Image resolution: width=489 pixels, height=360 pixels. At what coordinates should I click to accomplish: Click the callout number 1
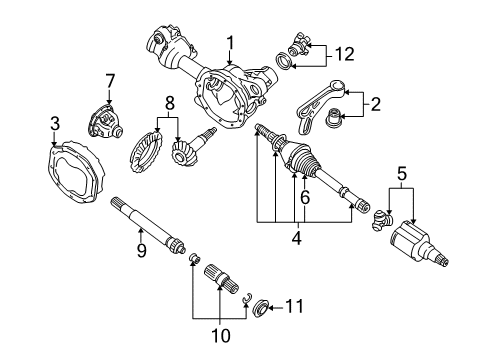(230, 43)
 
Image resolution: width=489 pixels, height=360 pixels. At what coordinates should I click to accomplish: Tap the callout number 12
(344, 54)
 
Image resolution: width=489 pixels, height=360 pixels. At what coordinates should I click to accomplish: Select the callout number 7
(110, 81)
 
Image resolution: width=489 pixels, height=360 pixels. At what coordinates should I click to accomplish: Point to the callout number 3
(55, 123)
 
